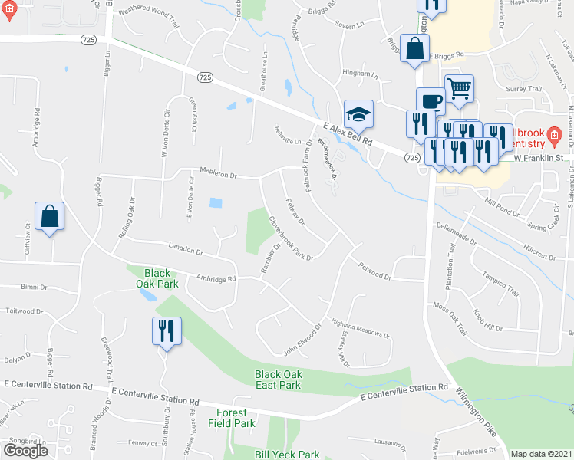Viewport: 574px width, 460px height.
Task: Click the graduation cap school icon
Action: coord(358,114)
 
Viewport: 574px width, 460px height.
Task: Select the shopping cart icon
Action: coord(459,88)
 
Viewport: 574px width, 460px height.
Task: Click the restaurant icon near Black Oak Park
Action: coord(167,331)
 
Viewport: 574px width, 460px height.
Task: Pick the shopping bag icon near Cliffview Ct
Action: coord(49,216)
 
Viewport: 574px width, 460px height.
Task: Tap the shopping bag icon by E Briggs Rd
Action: coord(414,48)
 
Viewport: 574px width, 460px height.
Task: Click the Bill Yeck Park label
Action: coord(287,455)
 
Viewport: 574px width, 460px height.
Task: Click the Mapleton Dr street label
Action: coord(218,176)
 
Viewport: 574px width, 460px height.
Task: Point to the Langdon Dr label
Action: coord(184,251)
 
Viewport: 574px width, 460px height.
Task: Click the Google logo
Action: coord(25,450)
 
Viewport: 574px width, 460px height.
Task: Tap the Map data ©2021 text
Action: coord(541,454)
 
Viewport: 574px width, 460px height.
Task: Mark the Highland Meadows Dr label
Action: coord(360,329)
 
